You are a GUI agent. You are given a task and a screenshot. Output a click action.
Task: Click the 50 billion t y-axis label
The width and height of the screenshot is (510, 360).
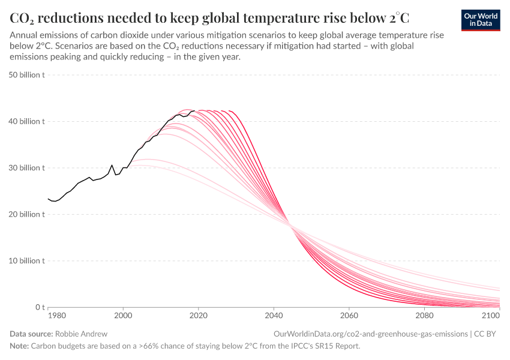(x=26, y=75)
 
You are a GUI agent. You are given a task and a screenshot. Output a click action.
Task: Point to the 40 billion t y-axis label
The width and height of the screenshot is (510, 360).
(x=26, y=121)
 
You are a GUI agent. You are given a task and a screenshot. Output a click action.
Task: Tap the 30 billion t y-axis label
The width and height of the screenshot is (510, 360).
(x=26, y=168)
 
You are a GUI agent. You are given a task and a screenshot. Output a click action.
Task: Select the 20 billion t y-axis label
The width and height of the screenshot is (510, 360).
(x=26, y=214)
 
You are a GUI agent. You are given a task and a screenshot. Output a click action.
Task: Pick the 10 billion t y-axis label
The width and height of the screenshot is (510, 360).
(x=26, y=261)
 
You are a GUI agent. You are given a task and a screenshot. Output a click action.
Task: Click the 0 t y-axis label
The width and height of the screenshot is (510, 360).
(x=37, y=307)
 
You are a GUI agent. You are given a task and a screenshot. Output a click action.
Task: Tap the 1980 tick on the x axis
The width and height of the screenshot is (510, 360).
(x=56, y=314)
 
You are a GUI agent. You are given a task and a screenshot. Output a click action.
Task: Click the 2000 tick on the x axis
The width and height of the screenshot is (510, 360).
(x=123, y=314)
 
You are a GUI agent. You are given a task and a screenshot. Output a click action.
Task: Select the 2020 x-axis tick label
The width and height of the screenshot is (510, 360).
(x=198, y=314)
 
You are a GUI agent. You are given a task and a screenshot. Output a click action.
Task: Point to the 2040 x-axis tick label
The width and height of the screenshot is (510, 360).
(x=274, y=314)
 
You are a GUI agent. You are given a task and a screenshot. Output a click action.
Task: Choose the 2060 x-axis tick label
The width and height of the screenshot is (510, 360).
(x=349, y=314)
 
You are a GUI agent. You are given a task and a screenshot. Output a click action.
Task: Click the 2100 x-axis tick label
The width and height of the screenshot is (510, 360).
(x=491, y=314)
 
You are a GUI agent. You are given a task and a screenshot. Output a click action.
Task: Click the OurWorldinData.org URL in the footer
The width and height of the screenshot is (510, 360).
(x=370, y=334)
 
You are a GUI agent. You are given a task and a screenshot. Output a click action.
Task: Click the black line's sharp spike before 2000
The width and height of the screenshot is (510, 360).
(x=112, y=165)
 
